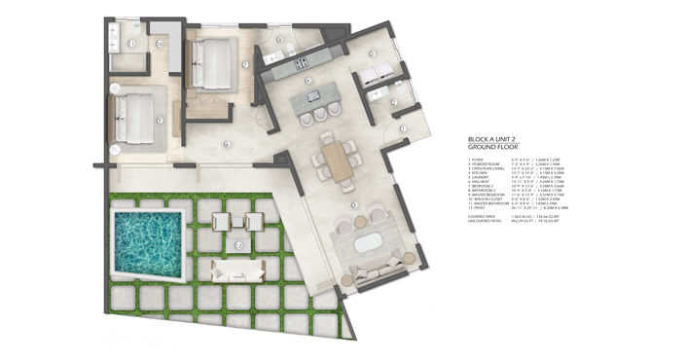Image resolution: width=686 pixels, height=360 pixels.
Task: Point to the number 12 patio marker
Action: (239, 245)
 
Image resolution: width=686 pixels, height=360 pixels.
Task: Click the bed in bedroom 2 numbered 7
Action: (214, 62)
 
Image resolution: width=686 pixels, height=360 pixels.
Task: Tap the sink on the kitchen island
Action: (314, 95)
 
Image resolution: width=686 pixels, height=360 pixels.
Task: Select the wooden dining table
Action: (337, 160)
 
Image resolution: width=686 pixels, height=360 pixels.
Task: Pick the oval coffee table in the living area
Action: (368, 243)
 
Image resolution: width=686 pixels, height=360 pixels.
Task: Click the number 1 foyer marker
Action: (401, 128)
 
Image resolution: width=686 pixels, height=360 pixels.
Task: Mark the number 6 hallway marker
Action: (226, 145)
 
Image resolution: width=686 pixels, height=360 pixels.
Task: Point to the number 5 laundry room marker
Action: (372, 54)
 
